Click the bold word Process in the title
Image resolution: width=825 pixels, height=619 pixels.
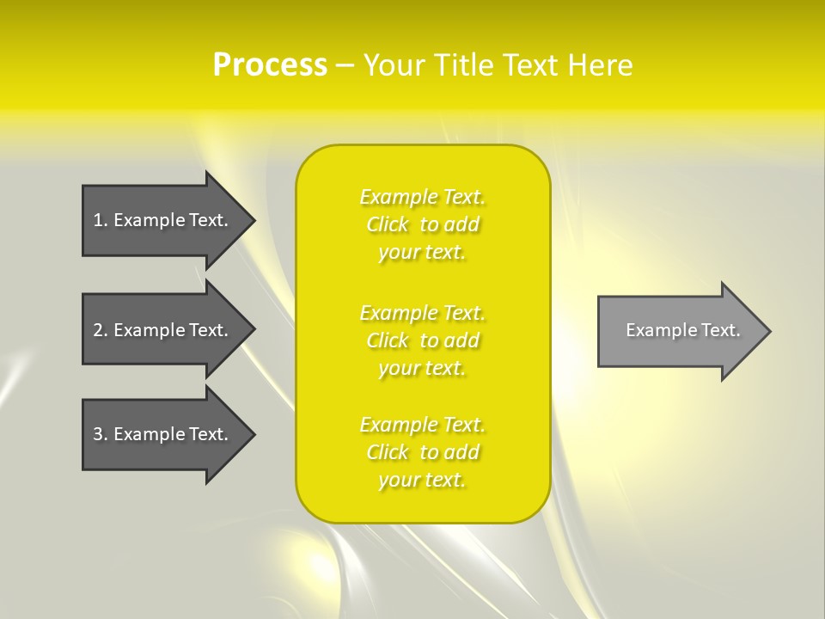[x=270, y=65]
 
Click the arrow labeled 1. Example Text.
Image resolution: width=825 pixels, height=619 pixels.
[x=163, y=220]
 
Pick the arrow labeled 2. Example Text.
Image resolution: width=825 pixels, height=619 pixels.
[x=163, y=330]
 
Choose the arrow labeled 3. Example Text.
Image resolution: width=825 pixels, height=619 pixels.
[x=163, y=434]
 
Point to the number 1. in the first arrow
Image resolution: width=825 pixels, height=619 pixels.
[x=101, y=220]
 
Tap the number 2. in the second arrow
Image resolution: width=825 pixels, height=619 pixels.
[x=101, y=330]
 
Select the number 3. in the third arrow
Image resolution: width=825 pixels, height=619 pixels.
[x=101, y=434]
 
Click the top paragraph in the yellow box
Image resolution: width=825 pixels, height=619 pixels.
[x=423, y=224]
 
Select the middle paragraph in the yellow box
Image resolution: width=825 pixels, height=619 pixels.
[x=423, y=340]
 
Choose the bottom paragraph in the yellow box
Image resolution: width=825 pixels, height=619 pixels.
[x=423, y=452]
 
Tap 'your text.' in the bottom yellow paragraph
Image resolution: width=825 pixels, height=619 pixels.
[x=422, y=480]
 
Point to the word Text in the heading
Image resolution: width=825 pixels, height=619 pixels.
[x=530, y=65]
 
